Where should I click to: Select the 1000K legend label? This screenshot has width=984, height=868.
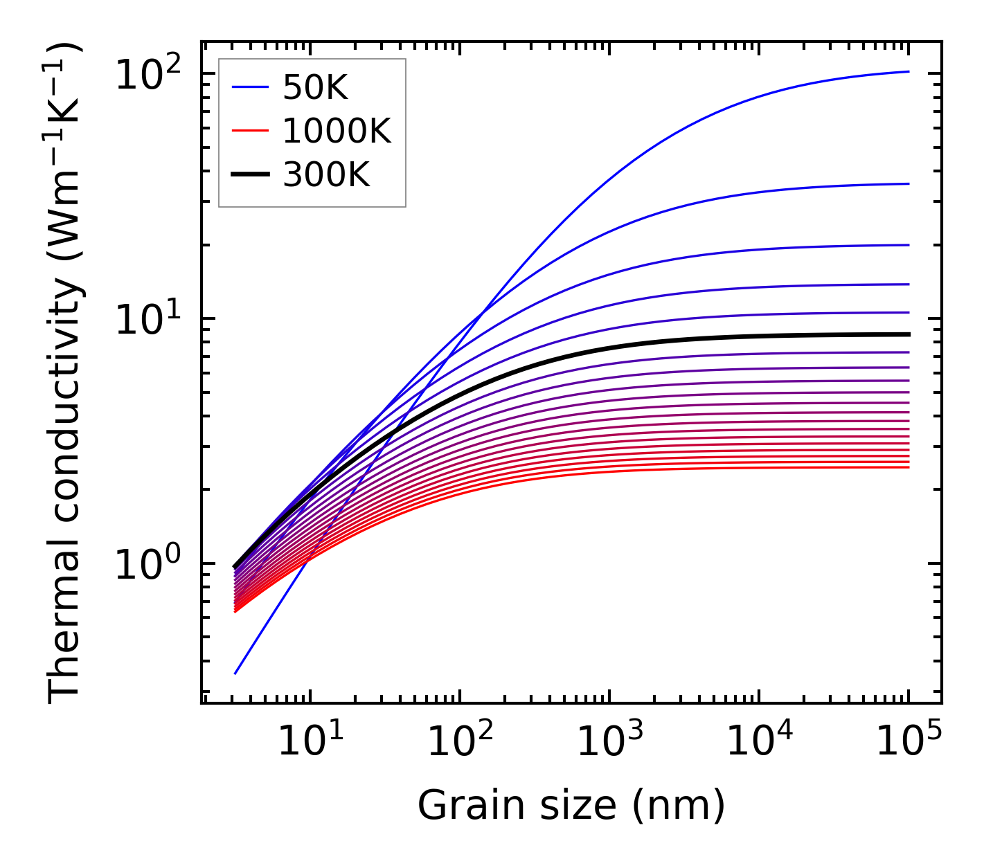[x=337, y=131]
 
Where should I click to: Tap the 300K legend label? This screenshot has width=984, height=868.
[x=326, y=175]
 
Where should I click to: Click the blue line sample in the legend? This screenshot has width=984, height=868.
[x=249, y=87]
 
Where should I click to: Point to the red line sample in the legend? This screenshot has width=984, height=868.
[x=249, y=131]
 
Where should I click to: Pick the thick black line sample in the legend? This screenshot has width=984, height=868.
[x=249, y=175]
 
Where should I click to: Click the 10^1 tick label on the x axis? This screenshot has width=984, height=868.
[x=310, y=743]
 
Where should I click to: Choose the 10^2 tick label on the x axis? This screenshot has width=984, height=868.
[x=460, y=743]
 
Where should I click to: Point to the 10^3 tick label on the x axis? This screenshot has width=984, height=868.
[x=609, y=743]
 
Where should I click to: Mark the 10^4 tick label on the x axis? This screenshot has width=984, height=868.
[x=760, y=743]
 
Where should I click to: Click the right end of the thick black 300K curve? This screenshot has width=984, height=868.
[x=909, y=334]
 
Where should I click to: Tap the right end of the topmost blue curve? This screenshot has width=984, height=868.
[x=909, y=71]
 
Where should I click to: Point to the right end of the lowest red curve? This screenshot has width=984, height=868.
[x=909, y=467]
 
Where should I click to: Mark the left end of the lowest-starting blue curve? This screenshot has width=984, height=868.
[x=235, y=673]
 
